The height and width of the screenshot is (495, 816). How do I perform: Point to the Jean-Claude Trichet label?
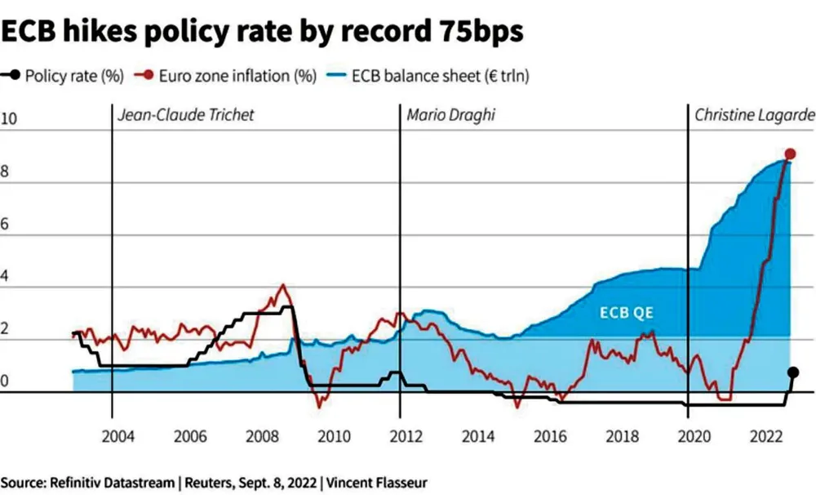[186, 115]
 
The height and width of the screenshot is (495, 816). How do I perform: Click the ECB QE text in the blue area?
[628, 312]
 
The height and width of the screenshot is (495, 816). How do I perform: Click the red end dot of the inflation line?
[790, 154]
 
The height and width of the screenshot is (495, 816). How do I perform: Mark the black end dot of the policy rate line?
[793, 372]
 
